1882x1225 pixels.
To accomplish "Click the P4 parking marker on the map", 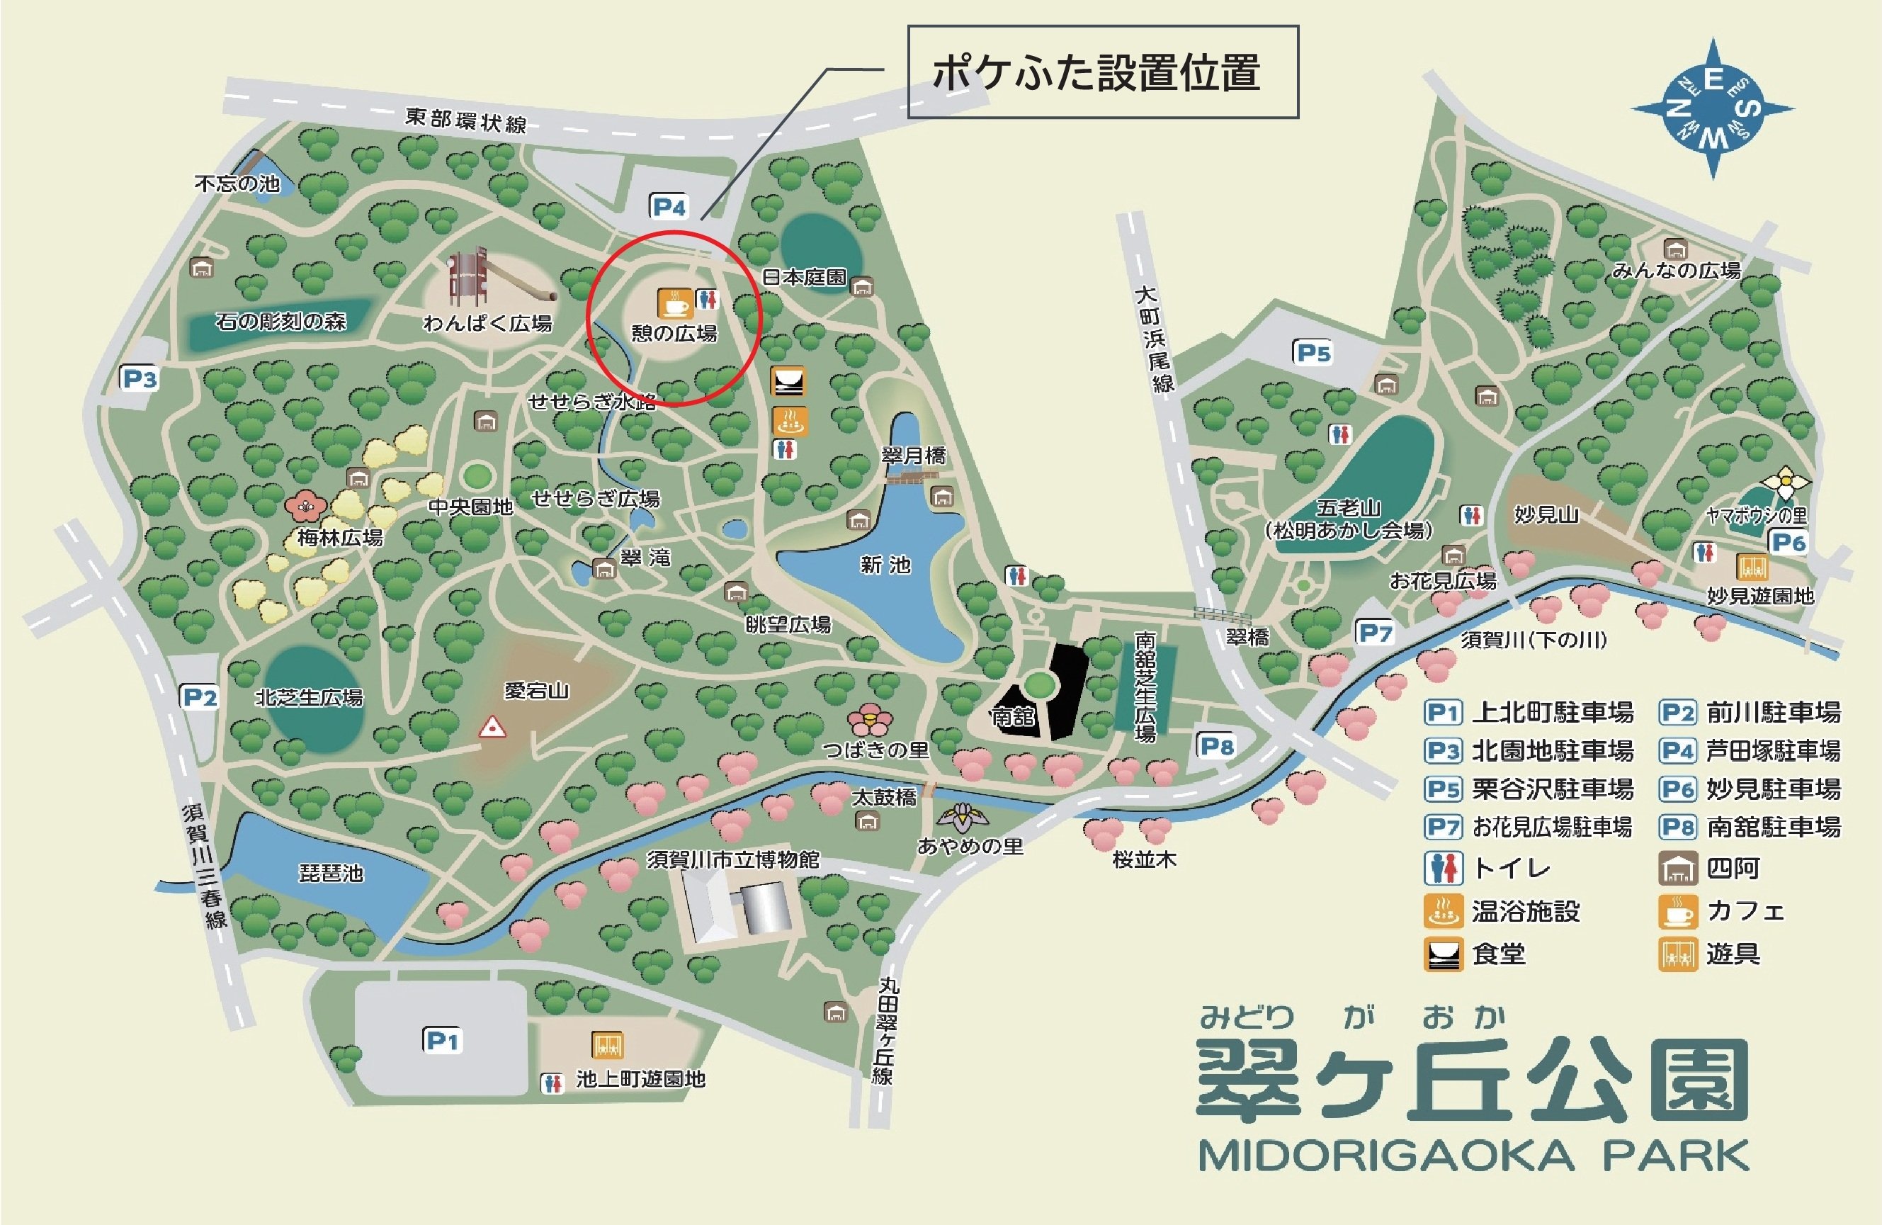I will point(668,207).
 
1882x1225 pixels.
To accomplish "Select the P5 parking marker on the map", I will point(1313,353).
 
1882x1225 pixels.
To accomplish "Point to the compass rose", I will point(1712,109).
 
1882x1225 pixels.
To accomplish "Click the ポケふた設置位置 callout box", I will point(1102,72).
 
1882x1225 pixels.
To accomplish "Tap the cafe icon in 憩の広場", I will point(674,303).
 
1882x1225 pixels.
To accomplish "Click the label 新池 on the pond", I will point(885,565).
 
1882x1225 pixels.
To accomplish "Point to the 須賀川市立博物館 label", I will point(732,859).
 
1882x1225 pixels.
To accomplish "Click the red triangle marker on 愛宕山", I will point(493,727).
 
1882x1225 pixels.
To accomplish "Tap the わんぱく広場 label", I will point(487,322).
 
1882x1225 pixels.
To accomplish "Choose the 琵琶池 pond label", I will point(331,873).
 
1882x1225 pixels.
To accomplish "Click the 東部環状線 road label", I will point(466,120).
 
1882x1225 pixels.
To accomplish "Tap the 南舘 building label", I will point(1013,716).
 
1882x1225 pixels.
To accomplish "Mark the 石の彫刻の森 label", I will point(280,321).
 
